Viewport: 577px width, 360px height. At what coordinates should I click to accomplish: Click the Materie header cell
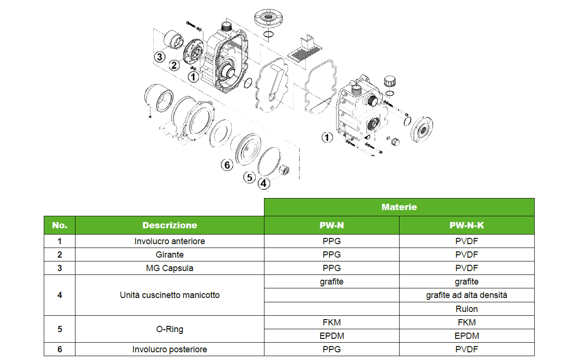click(399, 207)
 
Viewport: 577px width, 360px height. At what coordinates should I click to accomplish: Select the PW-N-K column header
click(466, 225)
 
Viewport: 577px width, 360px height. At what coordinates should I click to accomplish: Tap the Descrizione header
click(169, 225)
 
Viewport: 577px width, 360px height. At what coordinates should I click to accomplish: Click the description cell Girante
click(169, 255)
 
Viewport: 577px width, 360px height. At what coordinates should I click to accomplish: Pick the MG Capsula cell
click(169, 268)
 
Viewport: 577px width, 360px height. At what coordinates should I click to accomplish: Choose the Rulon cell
click(466, 309)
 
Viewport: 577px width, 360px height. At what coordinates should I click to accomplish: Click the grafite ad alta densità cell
click(466, 295)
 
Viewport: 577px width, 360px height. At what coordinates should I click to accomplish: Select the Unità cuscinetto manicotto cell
click(169, 295)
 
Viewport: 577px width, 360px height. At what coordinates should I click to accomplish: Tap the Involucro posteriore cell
click(169, 349)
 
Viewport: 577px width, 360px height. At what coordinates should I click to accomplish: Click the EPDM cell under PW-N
click(331, 336)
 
